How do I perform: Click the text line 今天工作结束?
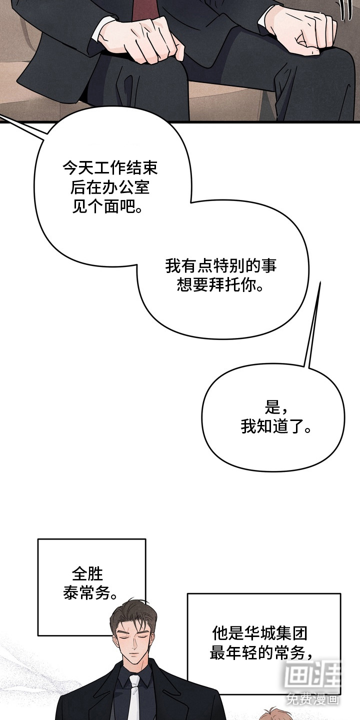(110, 168)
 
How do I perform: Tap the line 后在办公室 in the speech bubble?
(110, 187)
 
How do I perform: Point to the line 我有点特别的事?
(221, 266)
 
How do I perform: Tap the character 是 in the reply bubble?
(272, 408)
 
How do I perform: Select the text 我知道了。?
(276, 427)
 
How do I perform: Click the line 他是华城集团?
(259, 634)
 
